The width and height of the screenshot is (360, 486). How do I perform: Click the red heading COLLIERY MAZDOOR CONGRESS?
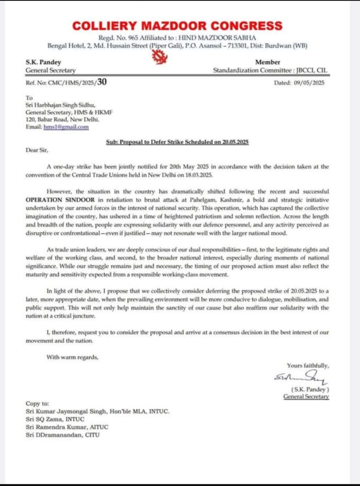pyautogui.click(x=177, y=26)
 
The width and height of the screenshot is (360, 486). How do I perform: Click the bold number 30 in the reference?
pyautogui.click(x=101, y=82)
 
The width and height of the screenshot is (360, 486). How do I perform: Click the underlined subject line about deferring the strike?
pyautogui.click(x=177, y=142)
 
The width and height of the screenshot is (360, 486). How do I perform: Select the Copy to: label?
pyautogui.click(x=37, y=403)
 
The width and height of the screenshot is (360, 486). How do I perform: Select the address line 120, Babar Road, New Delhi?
pyautogui.click(x=62, y=119)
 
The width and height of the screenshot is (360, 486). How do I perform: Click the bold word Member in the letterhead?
pyautogui.click(x=267, y=62)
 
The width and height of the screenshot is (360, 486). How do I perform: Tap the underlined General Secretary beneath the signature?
pyautogui.click(x=306, y=396)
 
